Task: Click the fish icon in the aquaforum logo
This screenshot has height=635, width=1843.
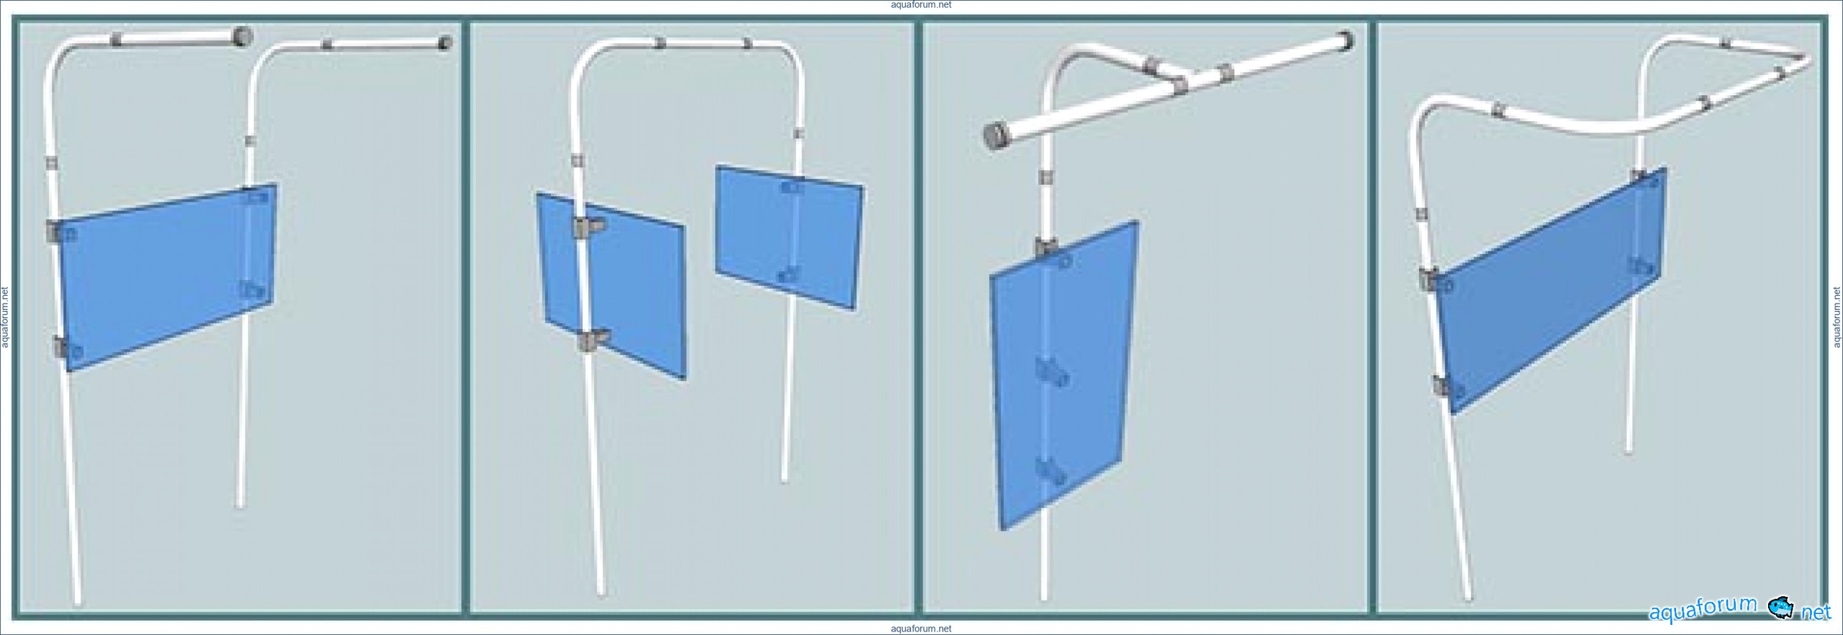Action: click(1780, 608)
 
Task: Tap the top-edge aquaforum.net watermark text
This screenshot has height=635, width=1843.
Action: click(921, 5)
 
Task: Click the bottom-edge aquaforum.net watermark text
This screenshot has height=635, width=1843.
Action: click(921, 629)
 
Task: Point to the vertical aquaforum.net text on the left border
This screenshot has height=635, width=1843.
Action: click(5, 317)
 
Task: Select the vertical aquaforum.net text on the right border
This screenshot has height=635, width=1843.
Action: click(1837, 317)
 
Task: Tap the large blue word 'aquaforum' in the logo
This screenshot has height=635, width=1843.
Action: click(1703, 610)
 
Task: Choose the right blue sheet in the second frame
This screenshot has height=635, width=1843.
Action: click(789, 238)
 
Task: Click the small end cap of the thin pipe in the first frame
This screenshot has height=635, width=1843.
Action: click(445, 43)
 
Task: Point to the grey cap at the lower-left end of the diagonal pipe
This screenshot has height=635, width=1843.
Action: click(995, 136)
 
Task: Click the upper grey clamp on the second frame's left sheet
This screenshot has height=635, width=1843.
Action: click(587, 227)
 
